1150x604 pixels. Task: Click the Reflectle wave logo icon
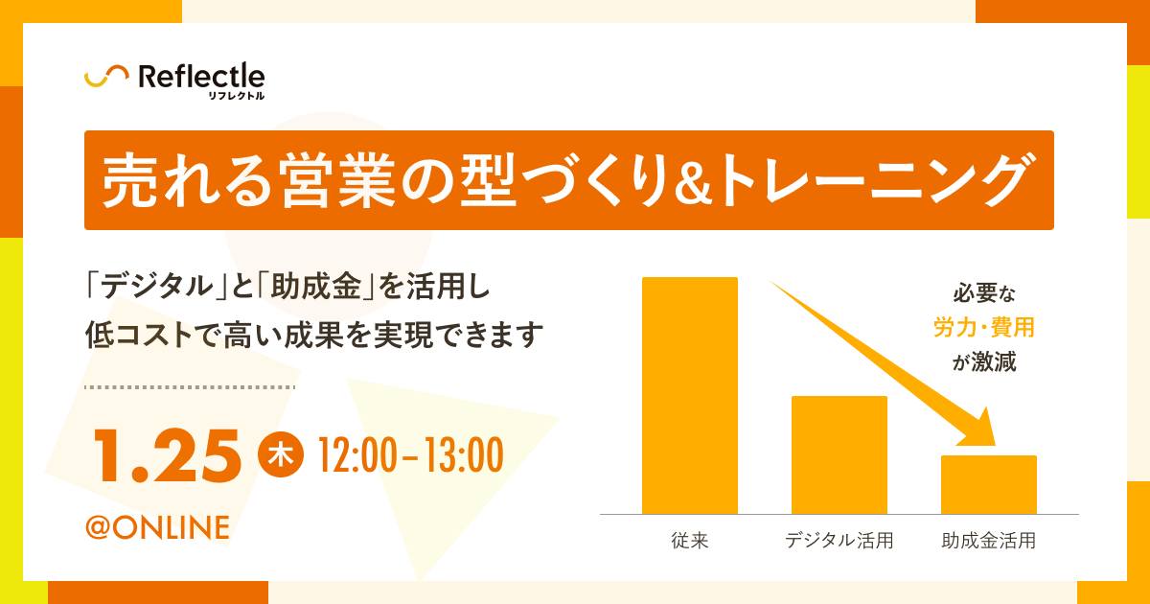(x=106, y=76)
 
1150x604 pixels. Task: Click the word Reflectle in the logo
(x=202, y=77)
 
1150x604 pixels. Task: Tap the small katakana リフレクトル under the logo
(x=237, y=96)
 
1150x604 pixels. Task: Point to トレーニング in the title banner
(x=872, y=181)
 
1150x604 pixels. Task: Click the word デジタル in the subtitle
(x=157, y=286)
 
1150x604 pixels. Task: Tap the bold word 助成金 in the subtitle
(x=316, y=286)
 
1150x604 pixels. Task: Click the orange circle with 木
(x=281, y=455)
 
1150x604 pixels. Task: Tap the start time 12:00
(x=358, y=455)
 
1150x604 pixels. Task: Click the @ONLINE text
(x=157, y=527)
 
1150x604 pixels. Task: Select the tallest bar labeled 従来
(x=690, y=395)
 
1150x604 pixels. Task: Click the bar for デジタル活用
(x=839, y=455)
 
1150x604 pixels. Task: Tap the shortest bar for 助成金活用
(x=989, y=484)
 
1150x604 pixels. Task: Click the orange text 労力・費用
(x=983, y=327)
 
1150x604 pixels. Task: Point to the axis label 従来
(x=690, y=541)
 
